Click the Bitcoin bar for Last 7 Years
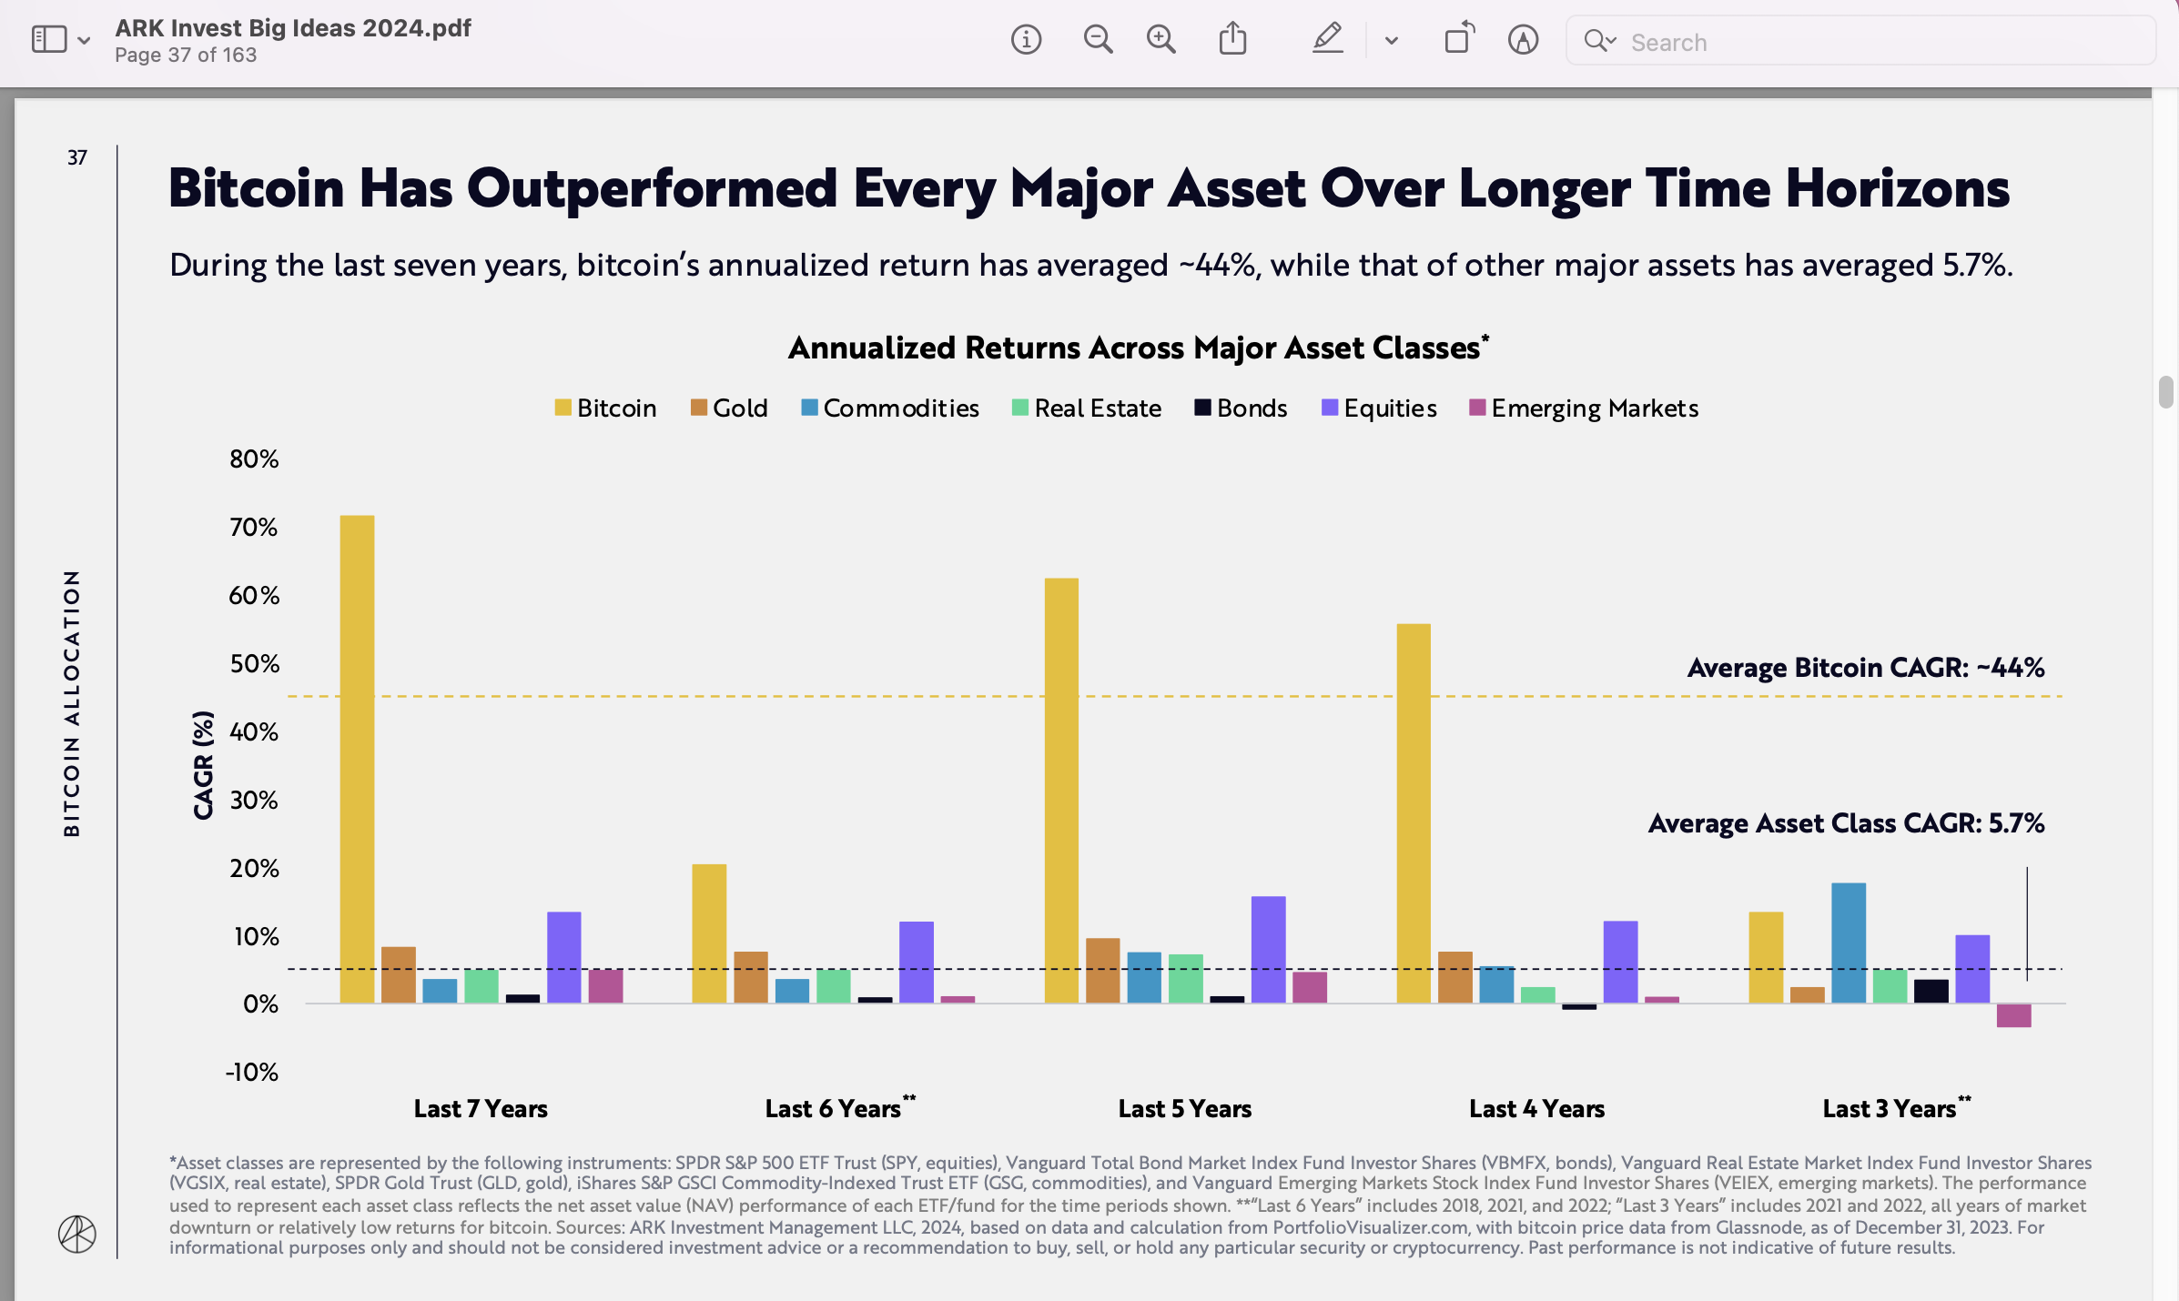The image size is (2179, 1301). click(x=357, y=759)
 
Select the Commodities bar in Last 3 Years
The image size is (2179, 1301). click(x=1848, y=943)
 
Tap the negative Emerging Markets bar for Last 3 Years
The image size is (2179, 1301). click(x=2013, y=1015)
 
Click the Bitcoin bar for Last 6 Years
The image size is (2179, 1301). click(x=709, y=933)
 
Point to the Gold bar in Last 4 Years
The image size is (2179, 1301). click(x=1454, y=977)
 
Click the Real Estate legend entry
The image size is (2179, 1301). click(x=1087, y=408)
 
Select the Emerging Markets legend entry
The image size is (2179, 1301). click(x=1584, y=408)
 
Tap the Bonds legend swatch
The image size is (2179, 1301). click(x=1202, y=408)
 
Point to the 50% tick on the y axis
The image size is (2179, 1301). click(x=254, y=664)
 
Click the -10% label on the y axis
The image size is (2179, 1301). click(x=252, y=1073)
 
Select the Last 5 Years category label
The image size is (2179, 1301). click(x=1184, y=1109)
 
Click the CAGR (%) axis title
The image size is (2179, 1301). click(x=203, y=765)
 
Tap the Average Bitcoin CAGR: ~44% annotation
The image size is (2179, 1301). click(x=1865, y=668)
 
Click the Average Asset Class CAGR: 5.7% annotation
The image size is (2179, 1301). click(x=1846, y=823)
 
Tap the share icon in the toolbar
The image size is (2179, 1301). click(x=1232, y=39)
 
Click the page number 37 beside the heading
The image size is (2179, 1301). click(x=77, y=157)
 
